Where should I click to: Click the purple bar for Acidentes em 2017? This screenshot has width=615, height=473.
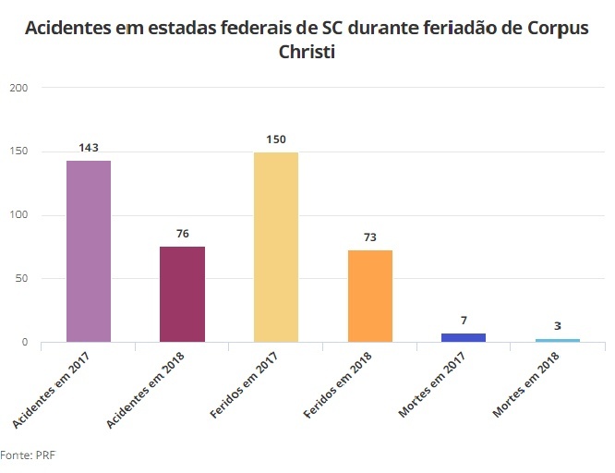pos(89,251)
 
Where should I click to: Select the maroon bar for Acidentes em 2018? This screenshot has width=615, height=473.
pos(182,294)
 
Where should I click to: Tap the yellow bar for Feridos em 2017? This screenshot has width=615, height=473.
pos(276,247)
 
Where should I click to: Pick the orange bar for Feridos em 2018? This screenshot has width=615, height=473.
pos(370,296)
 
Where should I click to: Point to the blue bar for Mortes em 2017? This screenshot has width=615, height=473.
pos(464,337)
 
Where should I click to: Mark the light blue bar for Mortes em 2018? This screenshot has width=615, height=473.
pos(558,340)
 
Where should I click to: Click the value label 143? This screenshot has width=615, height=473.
pos(89,148)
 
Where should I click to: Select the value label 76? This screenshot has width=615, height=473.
pos(182,234)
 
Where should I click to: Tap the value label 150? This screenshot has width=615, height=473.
pos(276,139)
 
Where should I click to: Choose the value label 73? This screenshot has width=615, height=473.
pos(370,237)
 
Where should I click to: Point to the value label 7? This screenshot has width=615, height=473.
pos(464,321)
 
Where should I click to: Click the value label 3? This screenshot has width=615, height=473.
pos(558,326)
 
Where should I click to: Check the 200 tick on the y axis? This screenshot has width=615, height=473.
pos(19,88)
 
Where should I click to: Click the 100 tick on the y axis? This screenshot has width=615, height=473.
pos(19,215)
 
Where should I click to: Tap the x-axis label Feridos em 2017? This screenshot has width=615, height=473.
pos(245,389)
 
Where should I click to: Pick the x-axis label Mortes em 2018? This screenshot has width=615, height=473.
pos(526,389)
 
